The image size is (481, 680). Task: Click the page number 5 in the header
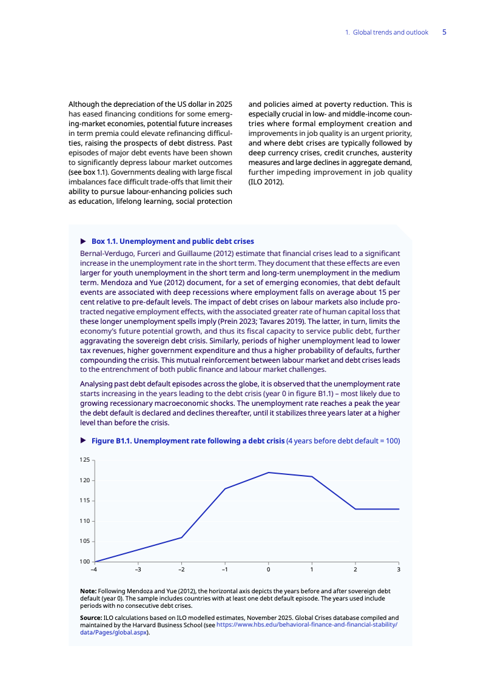[444, 32]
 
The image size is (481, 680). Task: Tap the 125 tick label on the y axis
[84, 460]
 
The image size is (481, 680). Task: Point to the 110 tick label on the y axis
[84, 521]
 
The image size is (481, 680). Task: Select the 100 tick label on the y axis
[84, 562]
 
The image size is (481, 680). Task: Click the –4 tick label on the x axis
[94, 570]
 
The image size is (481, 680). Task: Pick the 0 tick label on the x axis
[268, 570]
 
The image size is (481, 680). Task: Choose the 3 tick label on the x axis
[399, 570]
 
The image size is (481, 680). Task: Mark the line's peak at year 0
[268, 473]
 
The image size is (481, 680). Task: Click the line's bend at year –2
[181, 537]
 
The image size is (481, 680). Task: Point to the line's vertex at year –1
[225, 488]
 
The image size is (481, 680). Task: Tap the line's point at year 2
[355, 509]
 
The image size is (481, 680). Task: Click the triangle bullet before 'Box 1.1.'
[83, 241]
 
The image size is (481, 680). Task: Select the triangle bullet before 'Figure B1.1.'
[83, 441]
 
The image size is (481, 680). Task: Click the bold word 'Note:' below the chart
[88, 591]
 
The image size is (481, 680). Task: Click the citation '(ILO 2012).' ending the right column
[266, 181]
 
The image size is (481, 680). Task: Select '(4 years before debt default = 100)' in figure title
[343, 441]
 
